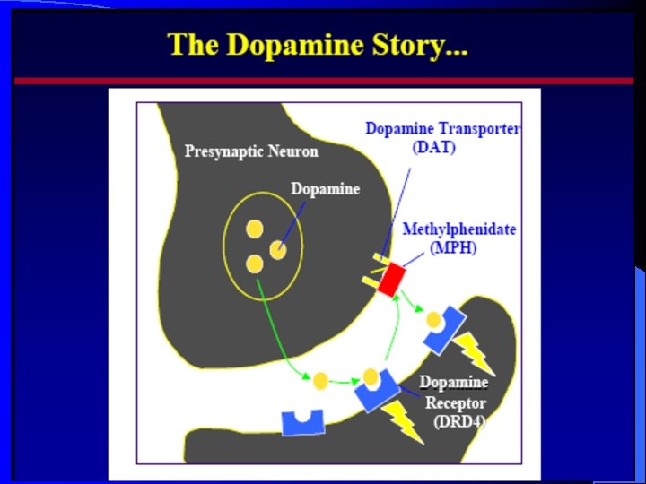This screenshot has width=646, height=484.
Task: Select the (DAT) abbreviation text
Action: [433, 147]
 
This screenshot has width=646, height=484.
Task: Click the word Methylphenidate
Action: [458, 229]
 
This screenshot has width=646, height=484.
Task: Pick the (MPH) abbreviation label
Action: [452, 247]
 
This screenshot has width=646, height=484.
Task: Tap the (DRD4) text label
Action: [458, 422]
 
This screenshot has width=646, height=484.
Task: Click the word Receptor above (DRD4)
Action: [455, 402]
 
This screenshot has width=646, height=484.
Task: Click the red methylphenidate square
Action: [391, 281]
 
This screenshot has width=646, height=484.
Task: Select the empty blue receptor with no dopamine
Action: [302, 421]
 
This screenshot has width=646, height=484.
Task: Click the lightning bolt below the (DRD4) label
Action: [404, 422]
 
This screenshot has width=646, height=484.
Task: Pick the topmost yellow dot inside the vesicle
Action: [254, 229]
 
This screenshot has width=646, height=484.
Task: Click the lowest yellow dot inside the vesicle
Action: [255, 264]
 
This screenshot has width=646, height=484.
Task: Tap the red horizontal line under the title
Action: [323, 81]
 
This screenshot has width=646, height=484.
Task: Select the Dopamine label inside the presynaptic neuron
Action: [325, 189]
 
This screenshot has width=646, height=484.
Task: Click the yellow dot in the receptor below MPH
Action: [434, 319]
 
